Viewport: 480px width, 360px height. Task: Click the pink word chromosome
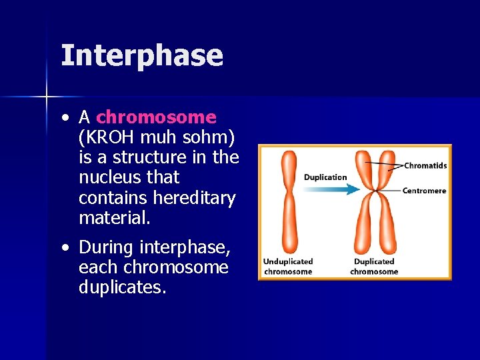pyautogui.click(x=156, y=117)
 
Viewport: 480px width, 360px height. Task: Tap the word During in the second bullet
pyautogui.click(x=106, y=247)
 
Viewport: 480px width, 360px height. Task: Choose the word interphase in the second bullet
pyautogui.click(x=185, y=248)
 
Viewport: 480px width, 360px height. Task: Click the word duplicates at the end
pyautogui.click(x=122, y=288)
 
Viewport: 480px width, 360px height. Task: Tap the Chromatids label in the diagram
pyautogui.click(x=425, y=165)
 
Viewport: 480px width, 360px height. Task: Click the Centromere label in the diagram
pyautogui.click(x=424, y=191)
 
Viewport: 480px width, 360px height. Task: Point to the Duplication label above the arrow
pyautogui.click(x=325, y=177)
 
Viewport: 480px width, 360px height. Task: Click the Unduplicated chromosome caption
pyautogui.click(x=287, y=267)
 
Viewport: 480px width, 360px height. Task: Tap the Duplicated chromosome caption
pyautogui.click(x=374, y=267)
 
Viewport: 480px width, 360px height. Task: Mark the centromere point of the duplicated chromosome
pyautogui.click(x=375, y=192)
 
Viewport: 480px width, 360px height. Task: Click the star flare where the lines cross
pyautogui.click(x=46, y=97)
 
